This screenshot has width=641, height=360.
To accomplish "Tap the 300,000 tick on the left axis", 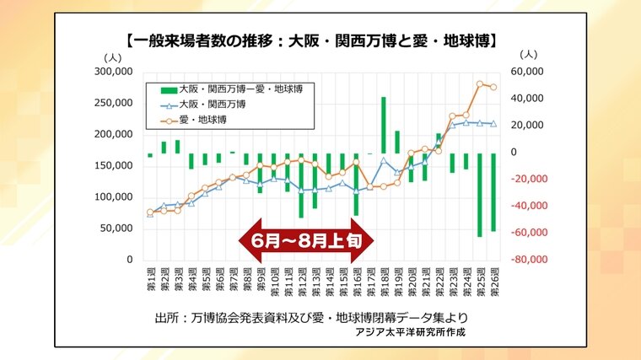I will point(116,72).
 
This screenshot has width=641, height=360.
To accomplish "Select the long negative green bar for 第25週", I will point(480,195).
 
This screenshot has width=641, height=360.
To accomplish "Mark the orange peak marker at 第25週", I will point(480,84).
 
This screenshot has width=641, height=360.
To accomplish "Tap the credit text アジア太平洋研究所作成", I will point(410,332).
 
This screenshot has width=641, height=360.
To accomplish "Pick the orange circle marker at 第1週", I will point(150,212).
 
